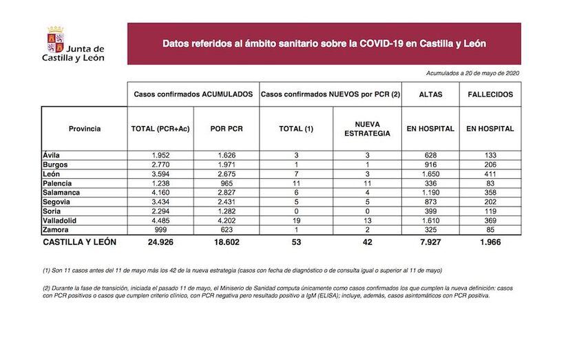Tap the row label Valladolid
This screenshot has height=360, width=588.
(x=60, y=220)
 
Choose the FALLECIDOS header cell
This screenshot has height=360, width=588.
(x=490, y=94)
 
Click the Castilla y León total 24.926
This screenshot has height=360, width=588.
(x=160, y=242)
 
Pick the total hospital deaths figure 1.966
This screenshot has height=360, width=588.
(x=490, y=242)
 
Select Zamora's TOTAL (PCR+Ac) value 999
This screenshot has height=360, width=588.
(x=160, y=229)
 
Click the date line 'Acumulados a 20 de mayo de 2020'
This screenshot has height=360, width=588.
(x=472, y=73)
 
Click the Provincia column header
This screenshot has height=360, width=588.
(x=85, y=129)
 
